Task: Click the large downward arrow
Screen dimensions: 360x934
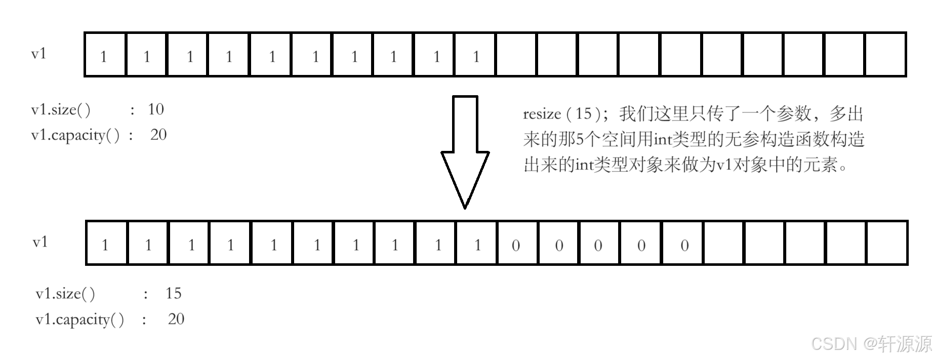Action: click(465, 152)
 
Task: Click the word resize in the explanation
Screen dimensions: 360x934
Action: click(542, 114)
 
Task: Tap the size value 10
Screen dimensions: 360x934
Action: click(156, 109)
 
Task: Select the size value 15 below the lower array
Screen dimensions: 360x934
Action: click(173, 293)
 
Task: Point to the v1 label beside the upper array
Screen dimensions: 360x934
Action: click(39, 54)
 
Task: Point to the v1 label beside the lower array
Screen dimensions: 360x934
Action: click(40, 242)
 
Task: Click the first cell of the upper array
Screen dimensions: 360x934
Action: click(105, 55)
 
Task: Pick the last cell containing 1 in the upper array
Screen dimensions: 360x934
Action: click(475, 55)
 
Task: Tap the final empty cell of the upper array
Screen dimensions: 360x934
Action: click(885, 55)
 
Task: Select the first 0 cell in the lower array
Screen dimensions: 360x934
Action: click(516, 244)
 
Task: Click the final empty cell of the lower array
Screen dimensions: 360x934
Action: click(887, 244)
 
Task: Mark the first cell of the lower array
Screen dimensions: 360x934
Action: click(106, 244)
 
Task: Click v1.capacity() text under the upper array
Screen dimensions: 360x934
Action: click(75, 135)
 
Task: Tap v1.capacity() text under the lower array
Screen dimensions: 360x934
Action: click(79, 319)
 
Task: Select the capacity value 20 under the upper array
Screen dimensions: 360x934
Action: click(158, 135)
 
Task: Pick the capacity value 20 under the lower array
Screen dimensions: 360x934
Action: click(176, 319)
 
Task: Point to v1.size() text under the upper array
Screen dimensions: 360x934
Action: click(61, 110)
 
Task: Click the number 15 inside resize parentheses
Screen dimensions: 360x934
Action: click(584, 113)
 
